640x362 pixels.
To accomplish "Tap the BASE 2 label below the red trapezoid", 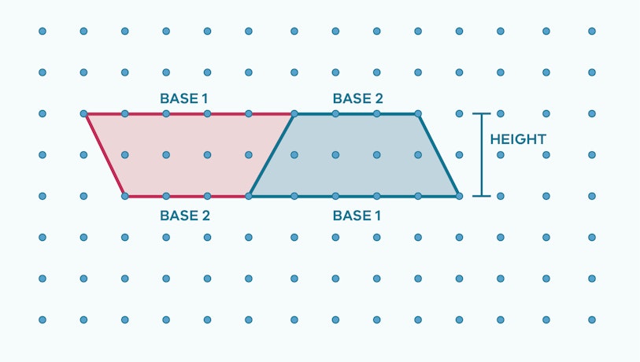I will point(185,215).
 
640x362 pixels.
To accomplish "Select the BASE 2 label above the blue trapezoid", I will point(357,99).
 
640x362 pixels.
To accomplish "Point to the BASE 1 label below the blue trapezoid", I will point(357,215).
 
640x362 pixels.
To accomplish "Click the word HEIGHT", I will point(518,139).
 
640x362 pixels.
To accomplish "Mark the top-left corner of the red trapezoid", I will point(85,114).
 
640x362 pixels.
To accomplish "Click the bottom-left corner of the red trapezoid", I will point(124,196).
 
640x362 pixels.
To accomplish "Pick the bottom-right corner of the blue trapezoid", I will point(459,196).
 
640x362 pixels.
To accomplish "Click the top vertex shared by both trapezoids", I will point(294,114).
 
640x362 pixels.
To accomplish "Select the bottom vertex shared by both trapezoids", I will point(250,196).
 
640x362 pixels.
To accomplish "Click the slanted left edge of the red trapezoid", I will point(105,155).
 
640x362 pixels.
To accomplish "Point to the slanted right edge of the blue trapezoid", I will point(438,155).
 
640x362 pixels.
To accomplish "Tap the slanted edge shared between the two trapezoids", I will point(272,155).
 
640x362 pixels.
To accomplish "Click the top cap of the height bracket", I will point(482,114).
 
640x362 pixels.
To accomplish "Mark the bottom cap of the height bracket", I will point(482,196).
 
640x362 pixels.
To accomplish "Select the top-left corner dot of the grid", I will point(43,31).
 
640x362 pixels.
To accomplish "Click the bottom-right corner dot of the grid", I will point(591,320).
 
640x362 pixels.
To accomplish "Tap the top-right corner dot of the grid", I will point(591,31).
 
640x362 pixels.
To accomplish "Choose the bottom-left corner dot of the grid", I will point(43,320).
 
